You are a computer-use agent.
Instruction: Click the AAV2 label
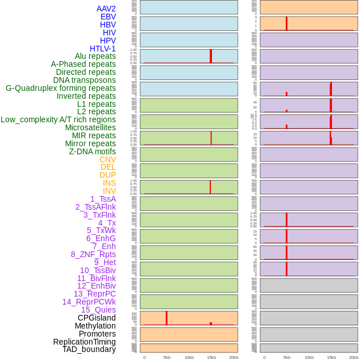[106, 9]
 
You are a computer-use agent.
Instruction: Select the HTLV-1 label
[103, 49]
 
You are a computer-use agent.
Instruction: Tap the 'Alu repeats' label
[95, 56]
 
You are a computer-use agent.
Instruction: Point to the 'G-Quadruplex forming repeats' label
[61, 88]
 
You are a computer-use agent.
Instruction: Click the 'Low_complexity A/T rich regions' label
[58, 119]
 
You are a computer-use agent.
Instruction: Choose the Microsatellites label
[90, 127]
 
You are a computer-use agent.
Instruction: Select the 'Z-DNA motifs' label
[93, 151]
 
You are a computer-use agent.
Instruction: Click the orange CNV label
[107, 159]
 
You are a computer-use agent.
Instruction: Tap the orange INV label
[109, 191]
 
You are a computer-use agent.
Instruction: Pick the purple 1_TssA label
[103, 199]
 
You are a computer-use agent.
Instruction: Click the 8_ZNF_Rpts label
[93, 254]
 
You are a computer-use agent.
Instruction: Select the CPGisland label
[97, 318]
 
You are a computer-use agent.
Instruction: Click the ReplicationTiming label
[85, 342]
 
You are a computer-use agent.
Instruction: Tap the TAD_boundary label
[89, 349]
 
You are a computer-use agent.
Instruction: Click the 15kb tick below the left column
[211, 357]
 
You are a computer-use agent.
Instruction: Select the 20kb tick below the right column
[353, 357]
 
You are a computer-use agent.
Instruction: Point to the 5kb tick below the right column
[286, 357]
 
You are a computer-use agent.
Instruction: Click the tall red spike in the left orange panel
[166, 318]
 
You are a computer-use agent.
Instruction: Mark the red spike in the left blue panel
[211, 56]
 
